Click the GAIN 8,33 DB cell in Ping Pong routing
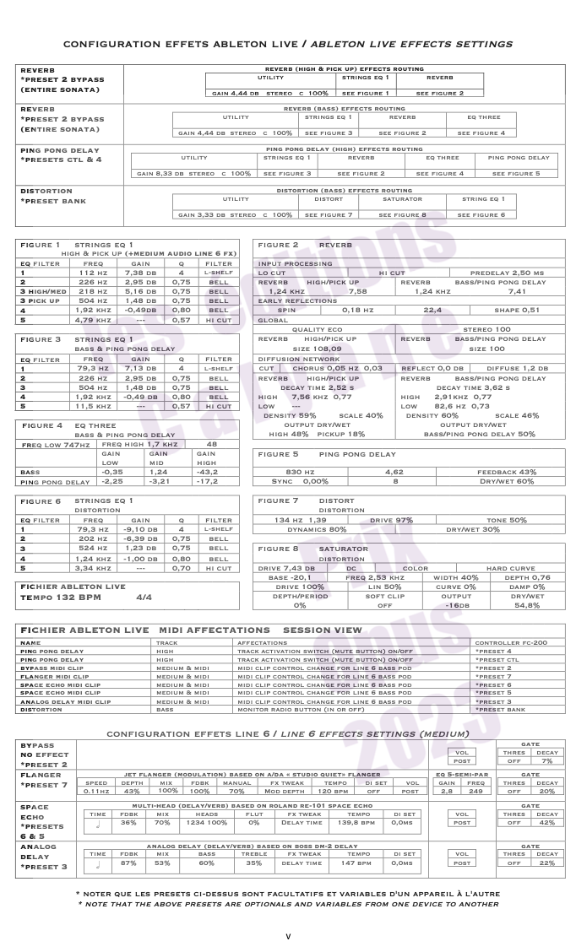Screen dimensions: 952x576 click(x=193, y=174)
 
